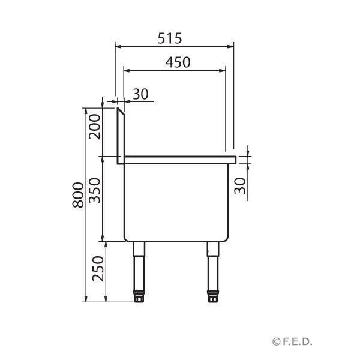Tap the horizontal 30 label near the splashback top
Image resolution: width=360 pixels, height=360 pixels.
140,94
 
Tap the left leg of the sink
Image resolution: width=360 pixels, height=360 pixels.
139,267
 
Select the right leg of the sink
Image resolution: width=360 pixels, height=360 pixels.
212,267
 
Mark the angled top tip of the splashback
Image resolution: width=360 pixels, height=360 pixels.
119,110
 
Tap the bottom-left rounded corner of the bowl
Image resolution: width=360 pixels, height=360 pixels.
126,238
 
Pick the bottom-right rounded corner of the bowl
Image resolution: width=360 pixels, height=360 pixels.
226,238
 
